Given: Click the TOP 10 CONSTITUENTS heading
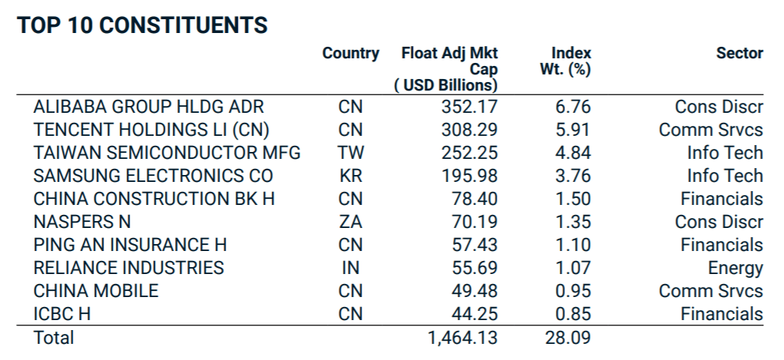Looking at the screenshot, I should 143,25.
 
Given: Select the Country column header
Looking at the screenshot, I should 350,54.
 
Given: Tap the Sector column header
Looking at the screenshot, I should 739,54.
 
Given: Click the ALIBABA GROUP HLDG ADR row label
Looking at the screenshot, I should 148,107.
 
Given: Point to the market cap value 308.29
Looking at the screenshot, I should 469,130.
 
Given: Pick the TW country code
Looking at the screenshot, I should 350,153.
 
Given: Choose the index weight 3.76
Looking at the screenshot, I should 573,176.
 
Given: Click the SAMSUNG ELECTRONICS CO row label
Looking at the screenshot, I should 153,176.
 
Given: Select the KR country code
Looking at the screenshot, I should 350,176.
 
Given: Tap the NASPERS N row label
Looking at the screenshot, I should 81,222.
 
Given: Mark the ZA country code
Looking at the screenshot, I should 350,222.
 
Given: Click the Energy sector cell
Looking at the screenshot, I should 735,269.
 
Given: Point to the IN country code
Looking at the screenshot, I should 350,268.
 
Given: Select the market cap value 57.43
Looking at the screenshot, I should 474,245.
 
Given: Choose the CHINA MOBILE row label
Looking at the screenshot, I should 96,291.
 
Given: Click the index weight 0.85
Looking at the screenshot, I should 573,314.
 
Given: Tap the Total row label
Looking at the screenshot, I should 54,338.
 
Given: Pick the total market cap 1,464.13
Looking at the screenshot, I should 462,338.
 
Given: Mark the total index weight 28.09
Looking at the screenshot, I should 568,338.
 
